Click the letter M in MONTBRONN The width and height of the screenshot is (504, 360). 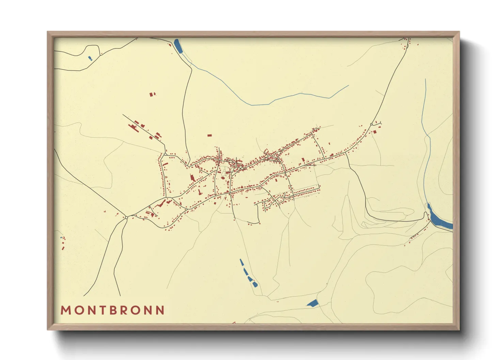pyautogui.click(x=65, y=310)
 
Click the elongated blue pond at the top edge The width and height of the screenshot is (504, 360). pyautogui.click(x=178, y=46)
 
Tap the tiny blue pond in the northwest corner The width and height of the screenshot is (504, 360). pyautogui.click(x=90, y=58)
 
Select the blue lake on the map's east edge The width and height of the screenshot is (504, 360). pyautogui.click(x=439, y=218)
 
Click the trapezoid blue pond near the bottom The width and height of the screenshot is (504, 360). pyautogui.click(x=313, y=303)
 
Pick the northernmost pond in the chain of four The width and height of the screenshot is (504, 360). pyautogui.click(x=242, y=262)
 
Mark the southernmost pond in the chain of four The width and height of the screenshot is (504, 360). pyautogui.click(x=255, y=284)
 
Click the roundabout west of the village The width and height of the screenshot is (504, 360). pyautogui.click(x=126, y=217)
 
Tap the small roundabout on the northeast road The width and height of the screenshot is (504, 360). pyautogui.click(x=371, y=124)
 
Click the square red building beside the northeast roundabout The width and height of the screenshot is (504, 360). pyautogui.click(x=375, y=131)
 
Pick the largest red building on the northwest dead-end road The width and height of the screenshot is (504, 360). pyautogui.click(x=132, y=127)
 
